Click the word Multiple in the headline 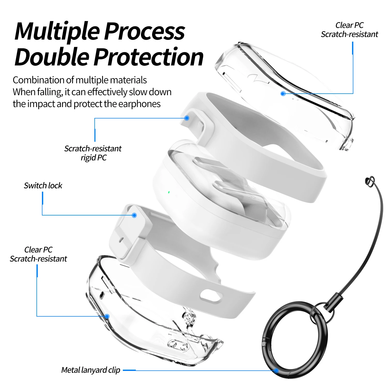click(x=57, y=32)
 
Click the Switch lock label click(x=43, y=185)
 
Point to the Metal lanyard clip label click(x=91, y=370)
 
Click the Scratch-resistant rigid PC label click(x=93, y=153)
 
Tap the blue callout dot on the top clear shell click(x=283, y=94)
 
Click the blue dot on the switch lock click(x=134, y=215)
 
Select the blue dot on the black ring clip click(x=276, y=371)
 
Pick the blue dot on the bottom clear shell click(x=107, y=316)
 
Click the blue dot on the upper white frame click(x=187, y=118)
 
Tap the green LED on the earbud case click(x=169, y=192)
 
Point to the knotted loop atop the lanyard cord click(x=370, y=181)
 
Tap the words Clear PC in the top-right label click(x=349, y=25)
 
